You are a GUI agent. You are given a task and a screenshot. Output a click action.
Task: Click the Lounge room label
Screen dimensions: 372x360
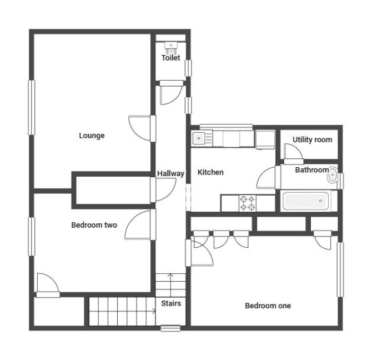(92, 136)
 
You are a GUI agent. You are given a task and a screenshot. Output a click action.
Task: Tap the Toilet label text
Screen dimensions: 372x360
(171, 58)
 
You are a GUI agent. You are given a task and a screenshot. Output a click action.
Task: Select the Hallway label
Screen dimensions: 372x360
(170, 173)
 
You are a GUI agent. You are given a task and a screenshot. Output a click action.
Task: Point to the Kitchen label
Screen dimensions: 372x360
(210, 172)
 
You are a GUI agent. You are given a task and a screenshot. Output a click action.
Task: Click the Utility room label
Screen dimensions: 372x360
(312, 140)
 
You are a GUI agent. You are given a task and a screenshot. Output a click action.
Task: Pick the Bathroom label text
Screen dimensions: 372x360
(312, 170)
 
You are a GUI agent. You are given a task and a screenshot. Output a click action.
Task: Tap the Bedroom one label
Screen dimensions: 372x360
(268, 306)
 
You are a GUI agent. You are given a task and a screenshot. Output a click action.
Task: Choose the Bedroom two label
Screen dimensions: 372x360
(94, 225)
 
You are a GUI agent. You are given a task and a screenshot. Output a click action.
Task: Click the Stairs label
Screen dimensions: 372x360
(171, 303)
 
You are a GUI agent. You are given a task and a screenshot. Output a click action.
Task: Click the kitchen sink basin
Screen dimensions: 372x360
(199, 138)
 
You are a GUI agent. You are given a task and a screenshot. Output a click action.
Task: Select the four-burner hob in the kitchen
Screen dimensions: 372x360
(248, 203)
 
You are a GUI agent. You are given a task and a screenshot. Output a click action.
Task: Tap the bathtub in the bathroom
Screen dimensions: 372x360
(306, 201)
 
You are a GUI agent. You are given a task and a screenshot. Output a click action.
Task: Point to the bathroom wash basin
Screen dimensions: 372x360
(333, 175)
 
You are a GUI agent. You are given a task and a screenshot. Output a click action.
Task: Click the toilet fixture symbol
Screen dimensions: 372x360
(171, 48)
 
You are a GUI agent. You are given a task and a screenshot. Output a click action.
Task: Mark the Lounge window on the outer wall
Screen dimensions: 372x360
(32, 108)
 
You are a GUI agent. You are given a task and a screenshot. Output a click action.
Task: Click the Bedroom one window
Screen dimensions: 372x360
(340, 269)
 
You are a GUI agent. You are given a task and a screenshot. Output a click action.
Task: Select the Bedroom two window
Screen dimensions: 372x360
(32, 237)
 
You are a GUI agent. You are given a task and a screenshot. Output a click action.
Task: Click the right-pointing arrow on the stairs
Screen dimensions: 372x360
(122, 311)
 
